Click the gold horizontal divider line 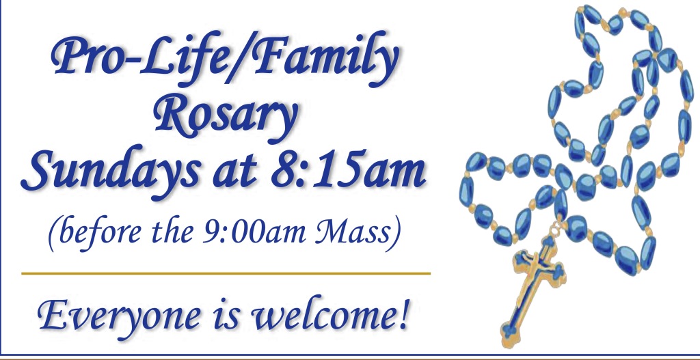[x=226, y=273]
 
